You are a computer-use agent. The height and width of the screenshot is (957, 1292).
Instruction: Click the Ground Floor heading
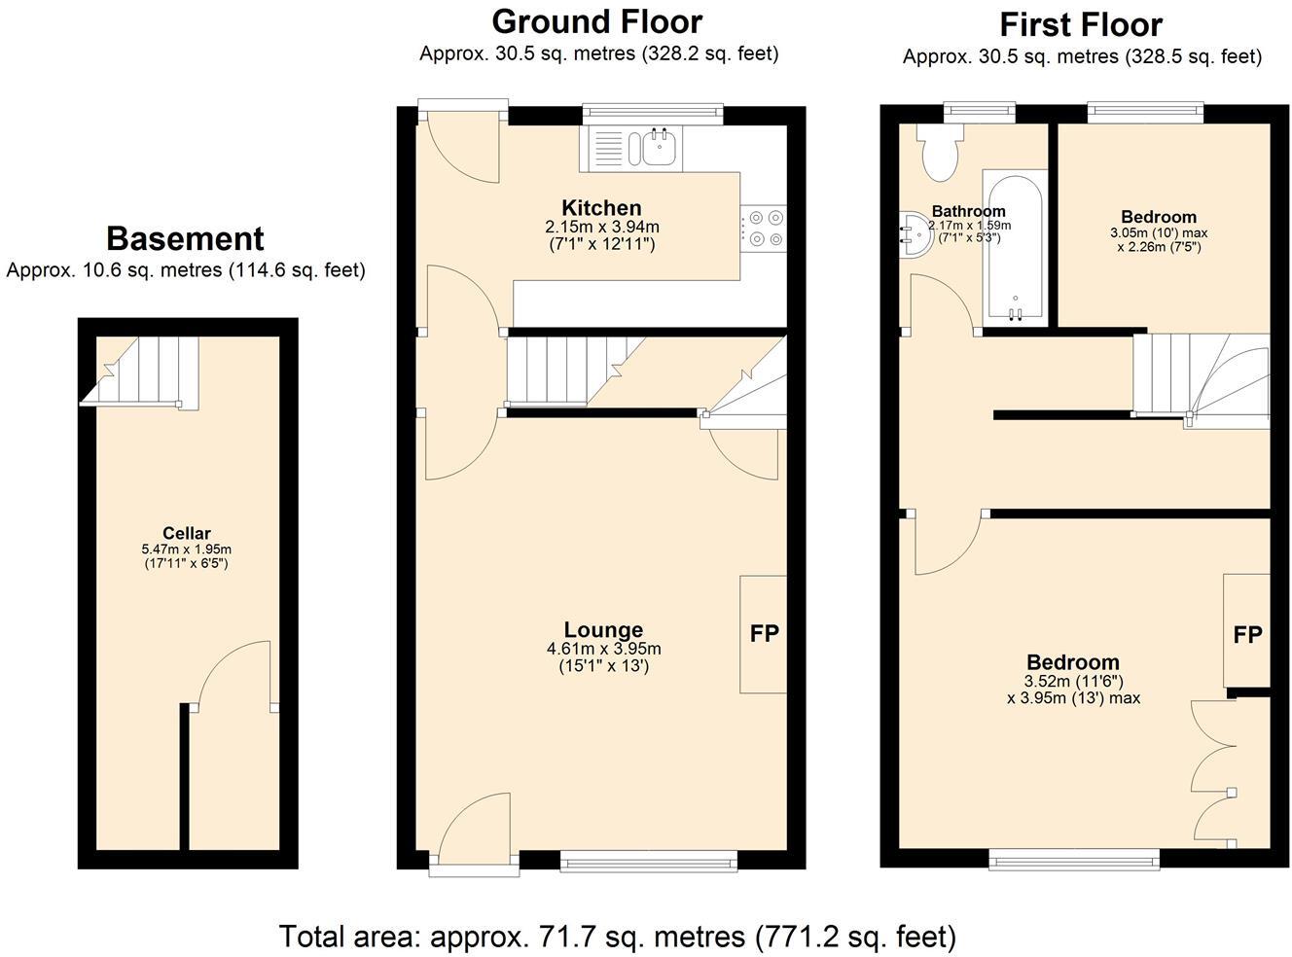(x=596, y=21)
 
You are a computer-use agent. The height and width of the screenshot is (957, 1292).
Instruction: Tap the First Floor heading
(x=1080, y=24)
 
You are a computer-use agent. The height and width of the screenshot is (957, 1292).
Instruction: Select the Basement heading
(x=185, y=238)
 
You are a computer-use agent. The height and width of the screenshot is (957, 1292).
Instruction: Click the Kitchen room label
(x=601, y=208)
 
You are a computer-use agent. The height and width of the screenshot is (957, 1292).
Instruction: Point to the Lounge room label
(x=603, y=630)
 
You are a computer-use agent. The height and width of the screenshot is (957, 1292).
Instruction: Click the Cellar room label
(x=186, y=533)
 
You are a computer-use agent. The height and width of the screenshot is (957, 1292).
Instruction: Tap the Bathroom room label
(x=968, y=211)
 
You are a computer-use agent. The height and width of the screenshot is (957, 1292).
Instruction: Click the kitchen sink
(x=659, y=149)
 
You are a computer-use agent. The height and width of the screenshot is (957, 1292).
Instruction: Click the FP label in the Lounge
(x=764, y=634)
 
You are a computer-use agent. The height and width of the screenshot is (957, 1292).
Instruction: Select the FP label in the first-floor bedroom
(x=1247, y=635)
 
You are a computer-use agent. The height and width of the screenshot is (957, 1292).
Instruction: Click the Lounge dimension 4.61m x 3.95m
(x=603, y=649)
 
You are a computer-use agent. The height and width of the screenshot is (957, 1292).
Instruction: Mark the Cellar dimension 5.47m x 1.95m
(x=186, y=549)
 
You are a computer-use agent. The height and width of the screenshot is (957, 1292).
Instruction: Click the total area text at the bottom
(x=617, y=936)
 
